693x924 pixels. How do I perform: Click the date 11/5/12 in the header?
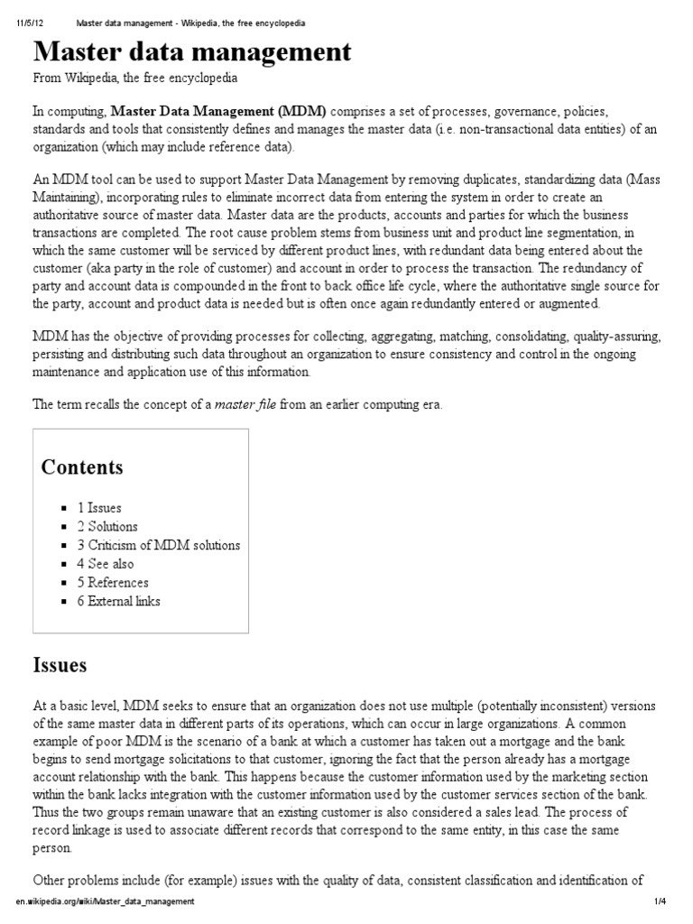click(30, 22)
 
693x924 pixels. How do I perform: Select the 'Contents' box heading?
click(82, 467)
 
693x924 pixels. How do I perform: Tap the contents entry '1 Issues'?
click(99, 508)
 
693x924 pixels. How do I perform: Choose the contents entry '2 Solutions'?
click(107, 526)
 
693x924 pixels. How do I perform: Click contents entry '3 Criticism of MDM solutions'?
click(159, 545)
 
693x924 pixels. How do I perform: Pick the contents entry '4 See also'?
click(106, 564)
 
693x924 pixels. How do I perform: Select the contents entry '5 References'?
click(113, 582)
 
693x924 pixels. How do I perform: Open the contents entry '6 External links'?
click(119, 601)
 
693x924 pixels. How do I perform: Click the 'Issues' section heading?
click(60, 666)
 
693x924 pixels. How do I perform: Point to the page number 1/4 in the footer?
click(660, 901)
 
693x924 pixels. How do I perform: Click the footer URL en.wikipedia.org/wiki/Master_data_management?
click(105, 901)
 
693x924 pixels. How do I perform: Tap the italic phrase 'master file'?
click(245, 404)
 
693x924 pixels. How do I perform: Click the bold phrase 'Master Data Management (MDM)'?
click(219, 112)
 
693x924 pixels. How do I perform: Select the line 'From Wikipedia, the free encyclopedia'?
click(135, 79)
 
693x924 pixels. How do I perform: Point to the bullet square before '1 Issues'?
click(65, 509)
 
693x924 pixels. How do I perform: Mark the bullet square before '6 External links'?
click(65, 602)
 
